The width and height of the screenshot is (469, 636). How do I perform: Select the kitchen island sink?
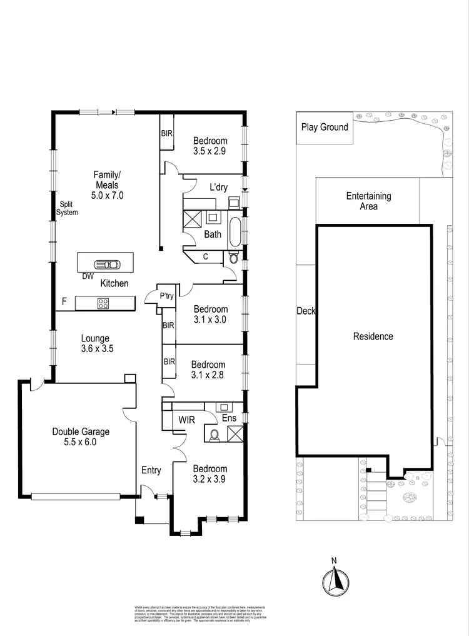(x=104, y=264)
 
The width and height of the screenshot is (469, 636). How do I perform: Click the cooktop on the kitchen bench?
(x=103, y=303)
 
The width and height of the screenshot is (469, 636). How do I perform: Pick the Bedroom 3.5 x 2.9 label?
(x=210, y=146)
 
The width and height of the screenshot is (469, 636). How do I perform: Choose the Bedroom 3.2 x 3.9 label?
(x=210, y=474)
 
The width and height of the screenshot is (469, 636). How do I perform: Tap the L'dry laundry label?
(x=218, y=186)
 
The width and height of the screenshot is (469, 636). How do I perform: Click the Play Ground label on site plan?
(x=325, y=128)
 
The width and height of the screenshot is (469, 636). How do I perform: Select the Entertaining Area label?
(x=369, y=201)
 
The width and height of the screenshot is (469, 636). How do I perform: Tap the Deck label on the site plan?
(x=306, y=311)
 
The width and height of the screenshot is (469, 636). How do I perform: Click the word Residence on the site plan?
(x=373, y=336)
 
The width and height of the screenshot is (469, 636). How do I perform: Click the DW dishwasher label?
(x=88, y=275)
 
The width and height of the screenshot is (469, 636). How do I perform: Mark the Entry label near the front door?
(x=151, y=470)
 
